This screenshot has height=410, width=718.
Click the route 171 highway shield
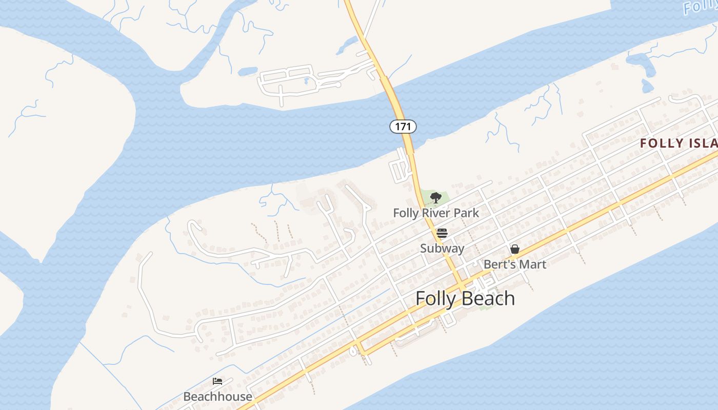pyautogui.click(x=403, y=126)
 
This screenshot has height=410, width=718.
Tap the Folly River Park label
pyautogui.click(x=436, y=213)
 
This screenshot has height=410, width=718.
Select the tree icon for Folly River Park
pyautogui.click(x=435, y=197)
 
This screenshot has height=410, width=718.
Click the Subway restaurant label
pyautogui.click(x=442, y=249)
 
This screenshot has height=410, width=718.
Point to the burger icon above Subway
pyautogui.click(x=442, y=233)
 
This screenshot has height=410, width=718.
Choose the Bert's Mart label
pyautogui.click(x=515, y=264)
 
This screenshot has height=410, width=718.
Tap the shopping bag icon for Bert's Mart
pyautogui.click(x=515, y=249)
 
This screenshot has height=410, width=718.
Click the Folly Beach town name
pyautogui.click(x=465, y=298)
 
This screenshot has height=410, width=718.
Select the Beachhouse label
pyautogui.click(x=217, y=397)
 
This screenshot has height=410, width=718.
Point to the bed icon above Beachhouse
pyautogui.click(x=217, y=381)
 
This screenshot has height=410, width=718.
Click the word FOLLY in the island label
pyautogui.click(x=662, y=143)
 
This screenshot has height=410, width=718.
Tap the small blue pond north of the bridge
pyautogui.click(x=247, y=71)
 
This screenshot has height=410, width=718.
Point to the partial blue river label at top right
pyautogui.click(x=701, y=7)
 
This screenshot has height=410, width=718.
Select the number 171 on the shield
pyautogui.click(x=403, y=126)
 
